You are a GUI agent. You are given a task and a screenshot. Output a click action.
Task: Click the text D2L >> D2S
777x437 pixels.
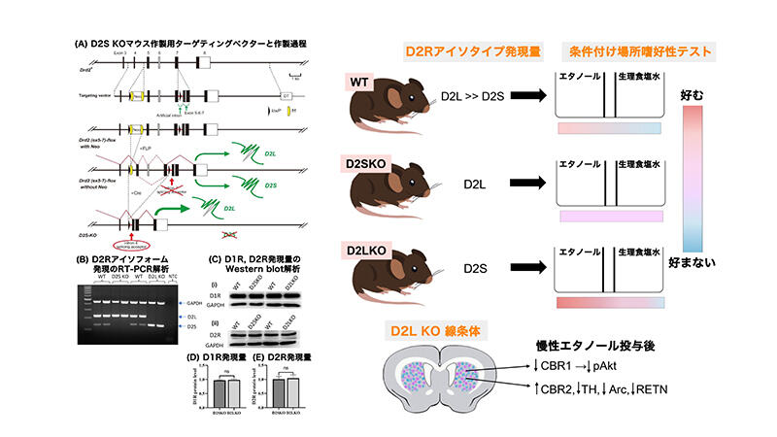pyautogui.click(x=474, y=97)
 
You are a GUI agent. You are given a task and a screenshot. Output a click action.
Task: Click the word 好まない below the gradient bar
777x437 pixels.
pyautogui.click(x=693, y=264)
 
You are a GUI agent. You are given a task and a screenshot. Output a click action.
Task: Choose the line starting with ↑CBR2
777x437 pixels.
pyautogui.click(x=595, y=389)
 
